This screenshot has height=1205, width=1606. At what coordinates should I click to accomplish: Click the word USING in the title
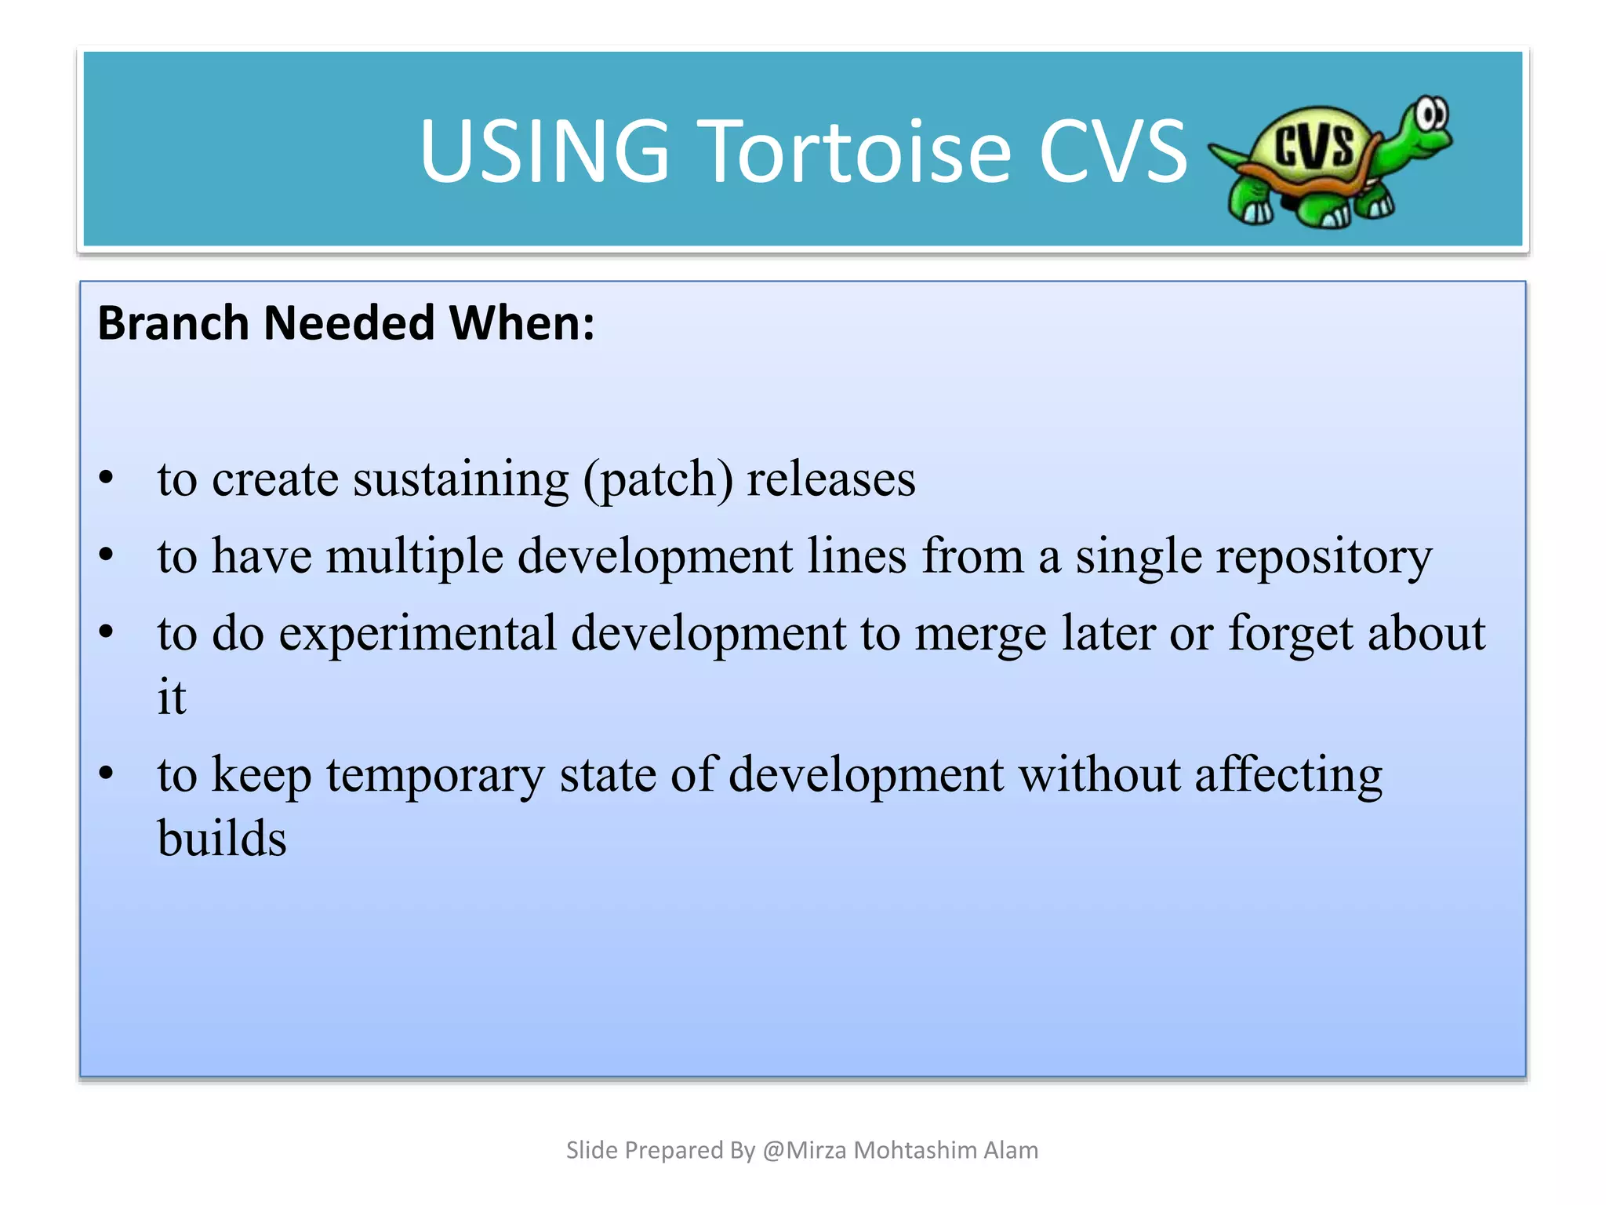tap(544, 151)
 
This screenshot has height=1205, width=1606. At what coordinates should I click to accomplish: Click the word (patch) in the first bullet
tap(658, 479)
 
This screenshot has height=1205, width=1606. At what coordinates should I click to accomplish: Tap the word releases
tap(830, 479)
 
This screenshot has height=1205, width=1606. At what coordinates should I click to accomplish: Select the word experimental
tap(417, 633)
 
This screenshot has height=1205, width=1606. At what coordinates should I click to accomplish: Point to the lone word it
tap(172, 696)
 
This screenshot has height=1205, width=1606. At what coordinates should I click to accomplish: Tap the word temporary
tap(435, 775)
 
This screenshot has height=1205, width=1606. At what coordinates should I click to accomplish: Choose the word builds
tap(222, 838)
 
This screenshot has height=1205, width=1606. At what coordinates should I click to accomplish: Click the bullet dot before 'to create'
tap(107, 478)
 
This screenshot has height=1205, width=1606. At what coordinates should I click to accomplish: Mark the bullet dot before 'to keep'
tap(107, 774)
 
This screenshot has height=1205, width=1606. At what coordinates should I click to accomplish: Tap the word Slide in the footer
tap(592, 1150)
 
